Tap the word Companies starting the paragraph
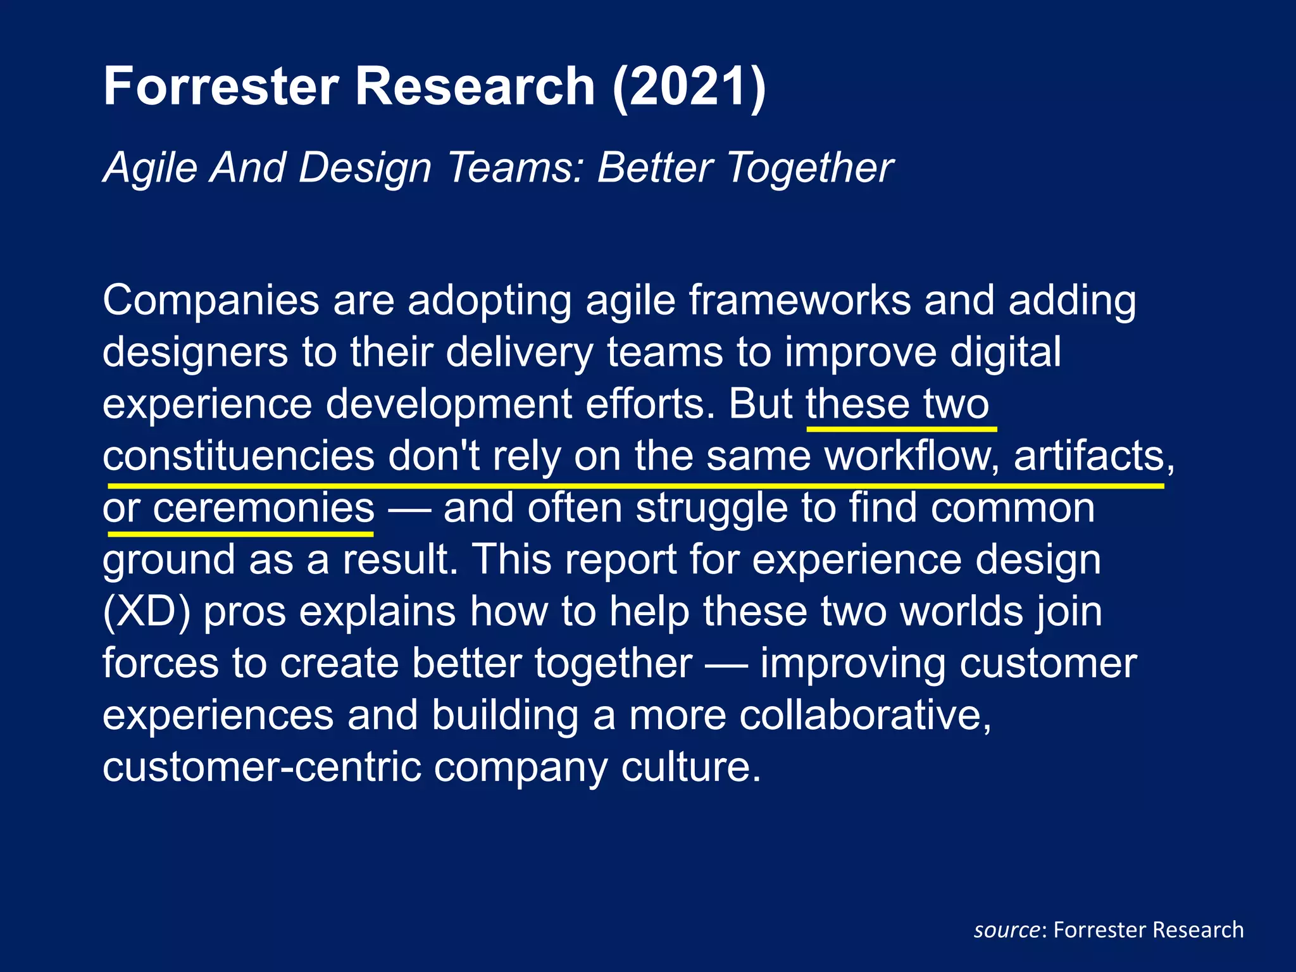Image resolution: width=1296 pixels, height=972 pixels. (x=211, y=300)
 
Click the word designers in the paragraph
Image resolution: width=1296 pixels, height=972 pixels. (x=195, y=352)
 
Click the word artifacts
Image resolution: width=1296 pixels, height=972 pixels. (x=1093, y=456)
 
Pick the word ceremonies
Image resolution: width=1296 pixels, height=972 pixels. (x=263, y=508)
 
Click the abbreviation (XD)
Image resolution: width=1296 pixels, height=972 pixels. (x=146, y=612)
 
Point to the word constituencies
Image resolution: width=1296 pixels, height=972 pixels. (x=239, y=456)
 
